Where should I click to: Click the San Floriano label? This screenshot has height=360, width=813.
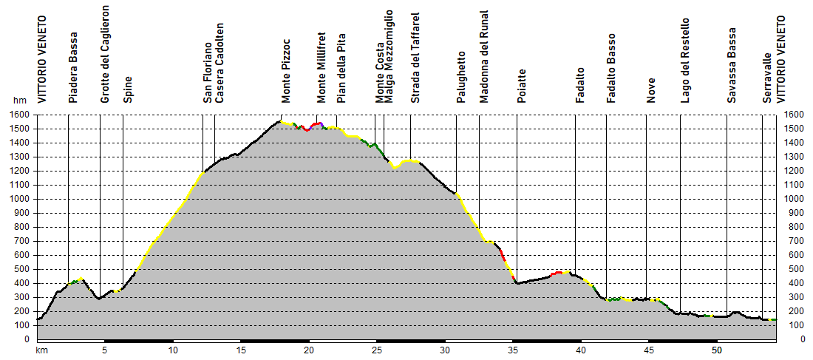coord(208,70)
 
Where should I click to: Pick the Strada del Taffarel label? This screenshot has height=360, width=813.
coord(415,58)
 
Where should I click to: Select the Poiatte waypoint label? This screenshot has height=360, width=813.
coord(522,86)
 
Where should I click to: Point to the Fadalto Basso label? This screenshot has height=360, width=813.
coord(611,69)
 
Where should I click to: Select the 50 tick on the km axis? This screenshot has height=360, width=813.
coord(716,351)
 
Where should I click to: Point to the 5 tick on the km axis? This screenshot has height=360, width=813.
coord(105,351)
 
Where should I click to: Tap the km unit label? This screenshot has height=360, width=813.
coord(41,351)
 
